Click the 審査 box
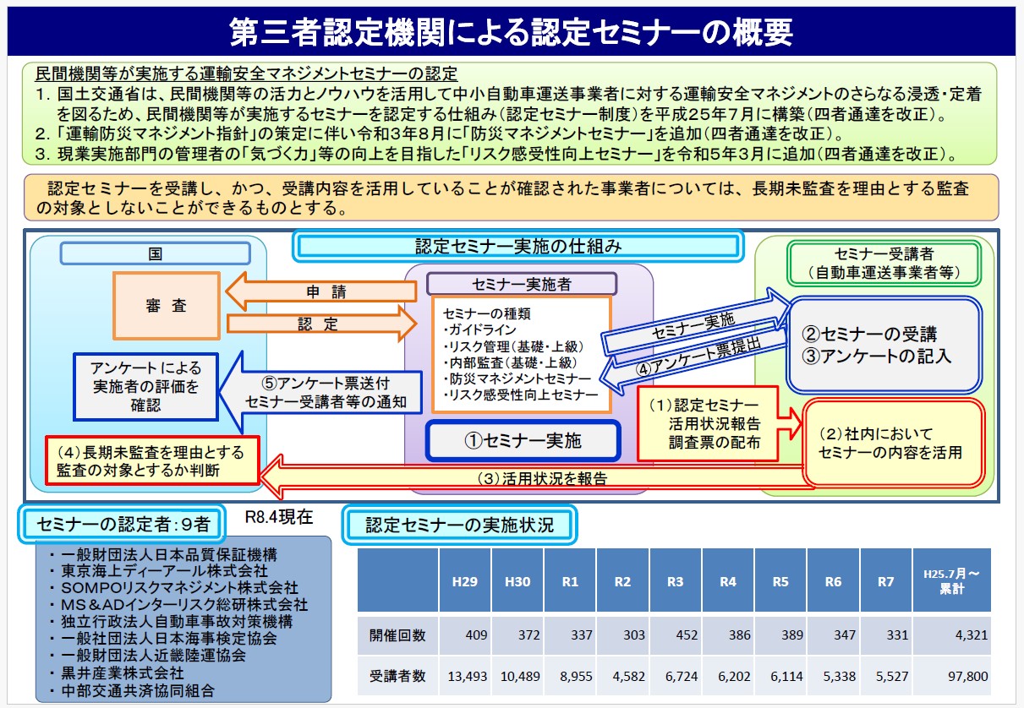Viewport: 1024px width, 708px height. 167,306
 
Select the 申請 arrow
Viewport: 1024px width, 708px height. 321,291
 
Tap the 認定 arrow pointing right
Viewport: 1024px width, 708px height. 322,324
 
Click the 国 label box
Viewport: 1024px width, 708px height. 156,253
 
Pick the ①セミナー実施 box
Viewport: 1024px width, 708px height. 523,441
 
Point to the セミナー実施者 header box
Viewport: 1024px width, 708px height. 522,284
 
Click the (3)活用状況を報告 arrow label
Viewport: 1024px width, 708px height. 542,478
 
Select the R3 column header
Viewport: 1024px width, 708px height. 676,581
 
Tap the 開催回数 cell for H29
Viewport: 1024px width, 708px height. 465,634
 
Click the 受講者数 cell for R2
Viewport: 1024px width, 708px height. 622,676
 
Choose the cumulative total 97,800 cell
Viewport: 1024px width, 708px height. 952,676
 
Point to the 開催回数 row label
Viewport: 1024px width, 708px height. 397,634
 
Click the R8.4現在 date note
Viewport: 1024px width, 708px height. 279,516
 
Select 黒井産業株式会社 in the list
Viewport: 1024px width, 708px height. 123,673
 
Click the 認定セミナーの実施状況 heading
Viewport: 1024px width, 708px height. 459,525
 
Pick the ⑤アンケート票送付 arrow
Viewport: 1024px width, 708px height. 320,392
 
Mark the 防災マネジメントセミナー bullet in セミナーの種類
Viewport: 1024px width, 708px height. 517,379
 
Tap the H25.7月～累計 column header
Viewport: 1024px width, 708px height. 952,580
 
